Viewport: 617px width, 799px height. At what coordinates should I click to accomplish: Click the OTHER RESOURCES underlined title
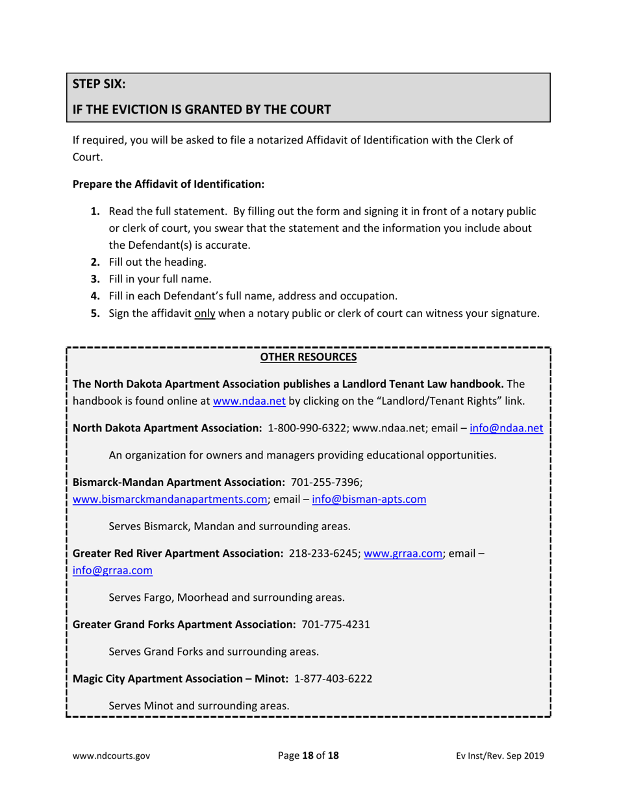pos(308,357)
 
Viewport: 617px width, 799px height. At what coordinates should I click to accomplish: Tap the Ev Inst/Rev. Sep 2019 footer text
pos(500,755)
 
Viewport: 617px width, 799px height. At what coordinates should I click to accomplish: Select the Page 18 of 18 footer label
pos(308,755)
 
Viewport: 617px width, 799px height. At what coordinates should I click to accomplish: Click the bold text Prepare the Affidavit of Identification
pos(169,184)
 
